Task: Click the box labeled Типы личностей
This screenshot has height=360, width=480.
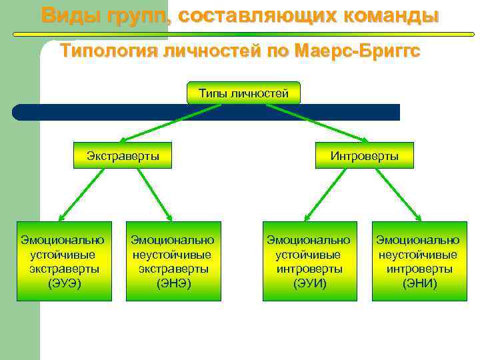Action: (243, 93)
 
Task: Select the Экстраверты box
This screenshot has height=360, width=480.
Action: (123, 156)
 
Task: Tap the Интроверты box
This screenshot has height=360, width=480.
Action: (365, 156)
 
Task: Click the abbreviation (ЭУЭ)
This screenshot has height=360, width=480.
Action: (65, 283)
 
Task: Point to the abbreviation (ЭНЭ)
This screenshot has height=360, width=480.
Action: (173, 283)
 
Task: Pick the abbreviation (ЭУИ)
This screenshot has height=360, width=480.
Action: (309, 283)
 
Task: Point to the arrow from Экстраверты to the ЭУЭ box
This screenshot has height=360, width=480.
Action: (83, 195)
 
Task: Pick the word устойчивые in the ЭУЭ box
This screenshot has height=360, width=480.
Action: (65, 254)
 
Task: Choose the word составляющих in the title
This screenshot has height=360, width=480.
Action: (254, 15)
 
